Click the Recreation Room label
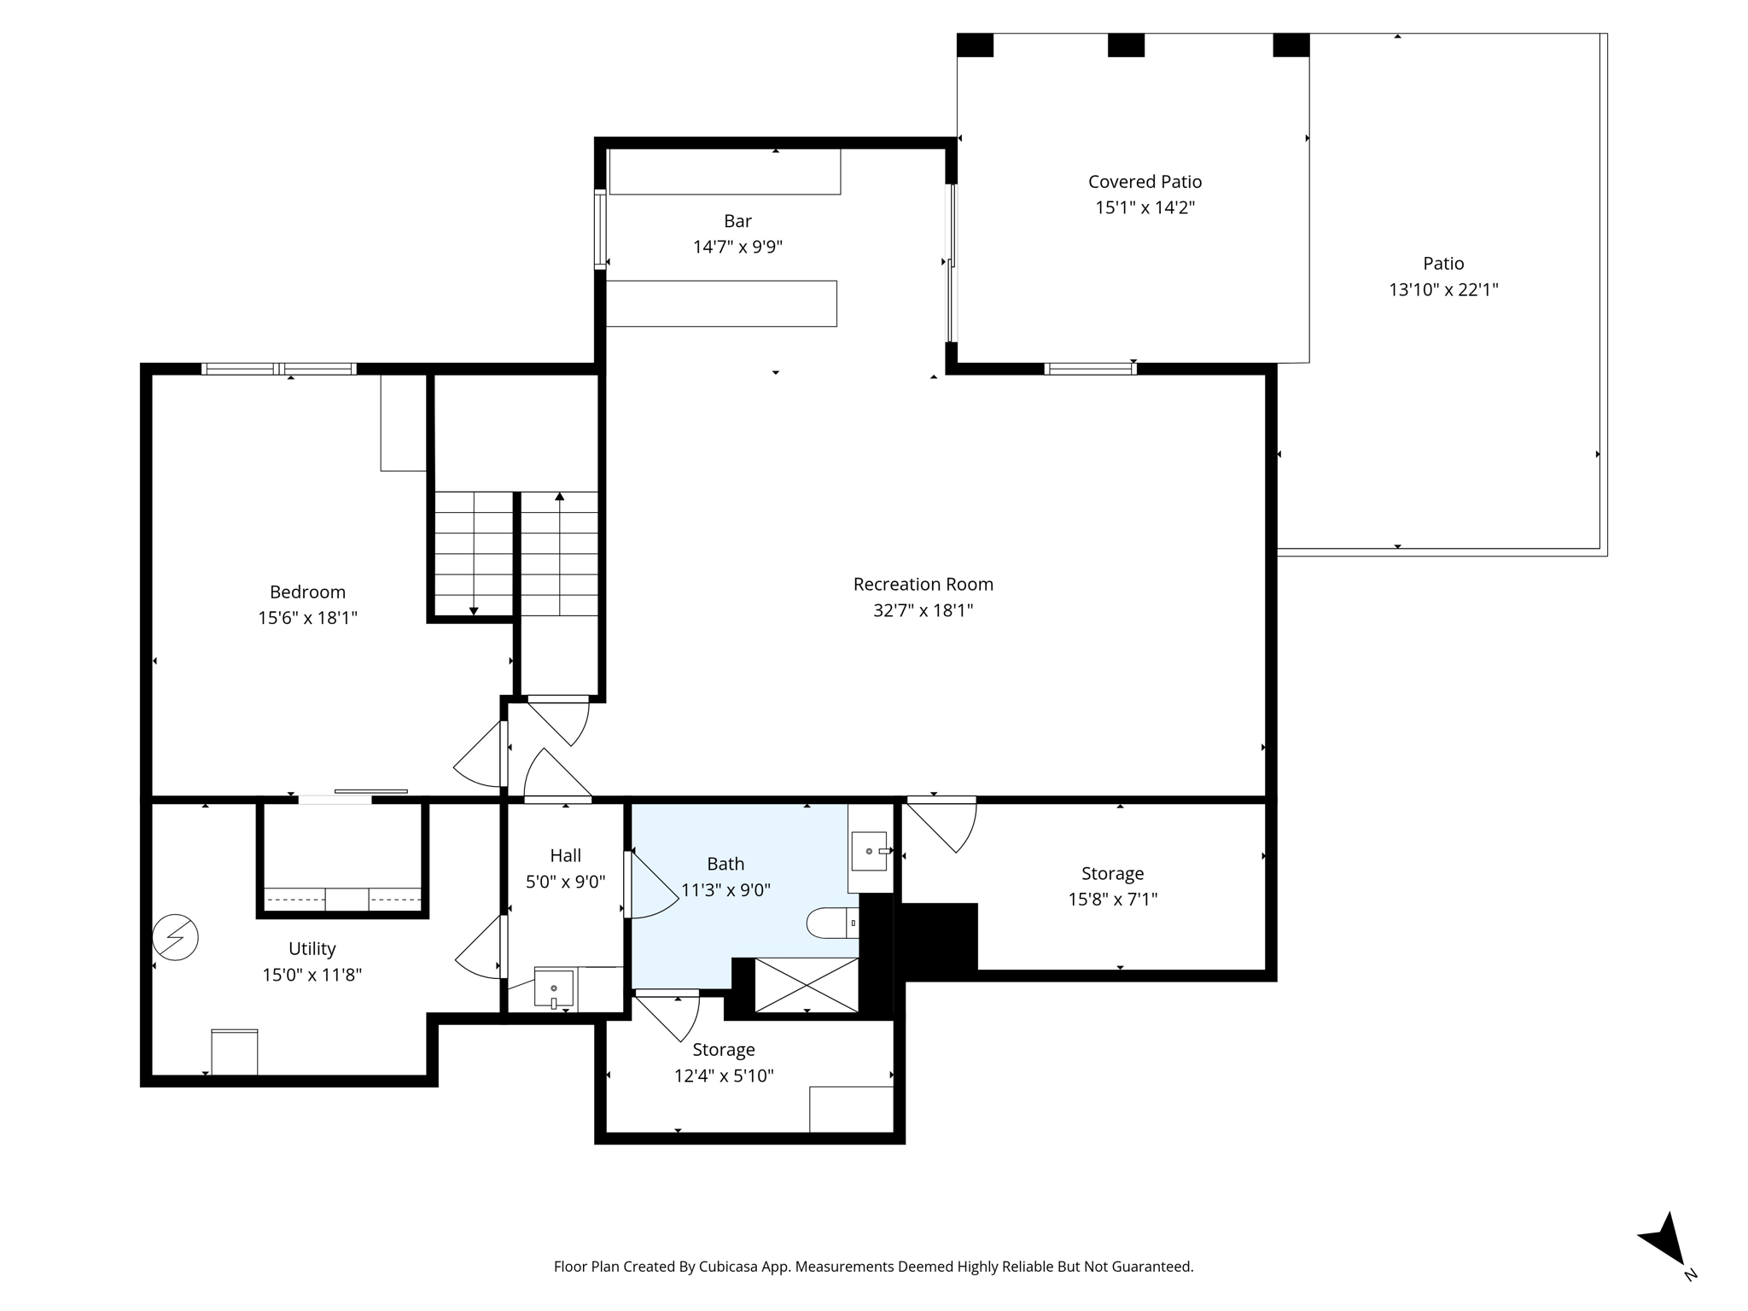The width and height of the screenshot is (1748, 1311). [923, 585]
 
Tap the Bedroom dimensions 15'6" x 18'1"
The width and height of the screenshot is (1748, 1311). [307, 618]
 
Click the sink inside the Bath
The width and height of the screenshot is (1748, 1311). [869, 851]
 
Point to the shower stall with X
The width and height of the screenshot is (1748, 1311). [807, 984]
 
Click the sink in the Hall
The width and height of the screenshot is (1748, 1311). [553, 988]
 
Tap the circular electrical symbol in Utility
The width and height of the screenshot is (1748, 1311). [175, 937]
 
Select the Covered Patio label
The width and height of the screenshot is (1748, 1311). [1145, 182]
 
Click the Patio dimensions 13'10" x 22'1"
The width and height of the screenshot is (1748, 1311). [1442, 290]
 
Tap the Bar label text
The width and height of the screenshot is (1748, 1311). [737, 221]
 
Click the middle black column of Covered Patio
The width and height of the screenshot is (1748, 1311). [1126, 45]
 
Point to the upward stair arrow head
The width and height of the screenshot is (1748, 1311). [560, 496]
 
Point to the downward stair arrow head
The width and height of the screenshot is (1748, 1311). [474, 610]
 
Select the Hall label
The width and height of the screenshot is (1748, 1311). [565, 855]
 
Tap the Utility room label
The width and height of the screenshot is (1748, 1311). [312, 948]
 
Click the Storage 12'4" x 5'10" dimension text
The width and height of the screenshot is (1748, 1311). [724, 1076]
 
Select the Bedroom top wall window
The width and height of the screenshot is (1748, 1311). [279, 369]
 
